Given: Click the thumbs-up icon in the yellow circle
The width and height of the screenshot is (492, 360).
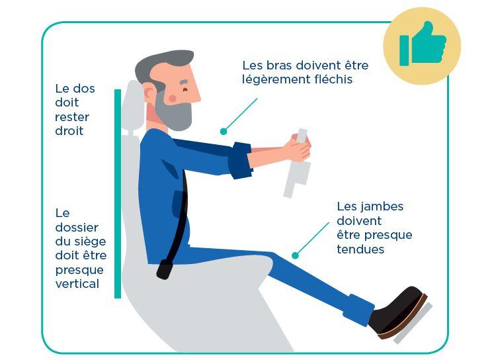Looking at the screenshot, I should tap(422, 44).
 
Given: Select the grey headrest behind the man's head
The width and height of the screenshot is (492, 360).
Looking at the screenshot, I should tap(133, 106).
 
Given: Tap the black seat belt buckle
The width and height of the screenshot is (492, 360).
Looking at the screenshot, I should tap(164, 269).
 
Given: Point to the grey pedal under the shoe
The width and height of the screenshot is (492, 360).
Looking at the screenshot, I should tap(414, 325).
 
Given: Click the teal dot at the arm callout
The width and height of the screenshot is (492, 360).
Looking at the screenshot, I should tap(224, 132).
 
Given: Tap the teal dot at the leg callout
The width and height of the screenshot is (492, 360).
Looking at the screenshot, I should tap(295, 255).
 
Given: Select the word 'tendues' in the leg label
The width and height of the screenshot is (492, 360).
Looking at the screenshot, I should tap(360, 249).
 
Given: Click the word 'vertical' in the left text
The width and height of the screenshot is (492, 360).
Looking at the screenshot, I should tap(77, 284).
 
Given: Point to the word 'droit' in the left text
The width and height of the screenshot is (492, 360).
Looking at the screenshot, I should tap(69, 131).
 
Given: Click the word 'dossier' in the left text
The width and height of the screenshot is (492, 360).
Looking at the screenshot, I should tap(77, 227).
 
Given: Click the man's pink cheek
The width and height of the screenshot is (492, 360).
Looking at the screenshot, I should tap(173, 98).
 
